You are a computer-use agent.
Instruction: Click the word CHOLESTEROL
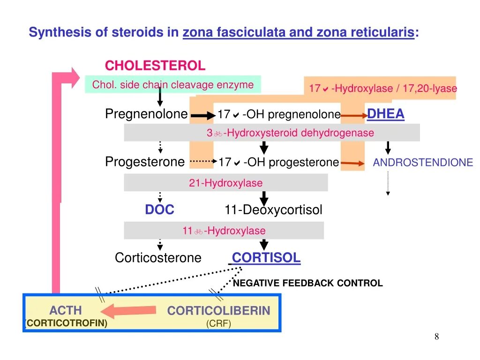(x=155, y=65)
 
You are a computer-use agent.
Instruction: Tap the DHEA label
(x=385, y=114)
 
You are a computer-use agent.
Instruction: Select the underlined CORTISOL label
(x=266, y=257)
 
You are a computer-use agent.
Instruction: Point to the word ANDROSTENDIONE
(x=423, y=163)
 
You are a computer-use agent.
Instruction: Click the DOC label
(x=159, y=210)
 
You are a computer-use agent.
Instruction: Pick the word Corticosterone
(x=158, y=258)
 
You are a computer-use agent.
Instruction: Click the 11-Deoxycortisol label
(x=273, y=210)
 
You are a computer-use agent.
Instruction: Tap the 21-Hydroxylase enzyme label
(x=225, y=183)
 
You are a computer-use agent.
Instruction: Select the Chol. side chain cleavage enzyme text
(x=172, y=85)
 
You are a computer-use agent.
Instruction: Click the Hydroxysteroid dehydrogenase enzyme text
(x=291, y=133)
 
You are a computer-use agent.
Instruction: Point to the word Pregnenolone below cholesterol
(x=146, y=114)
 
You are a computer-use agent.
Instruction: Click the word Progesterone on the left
(x=145, y=162)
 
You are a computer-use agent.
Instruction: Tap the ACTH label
(x=65, y=310)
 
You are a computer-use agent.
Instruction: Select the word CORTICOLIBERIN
(x=218, y=310)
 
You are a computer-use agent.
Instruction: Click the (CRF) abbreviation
(x=218, y=324)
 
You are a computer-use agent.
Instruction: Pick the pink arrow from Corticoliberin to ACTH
(x=128, y=310)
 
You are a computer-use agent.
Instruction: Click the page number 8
(x=437, y=337)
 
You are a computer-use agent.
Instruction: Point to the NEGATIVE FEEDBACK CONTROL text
(x=307, y=283)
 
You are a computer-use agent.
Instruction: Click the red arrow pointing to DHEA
(x=354, y=115)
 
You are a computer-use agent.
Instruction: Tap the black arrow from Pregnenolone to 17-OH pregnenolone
(x=202, y=115)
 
